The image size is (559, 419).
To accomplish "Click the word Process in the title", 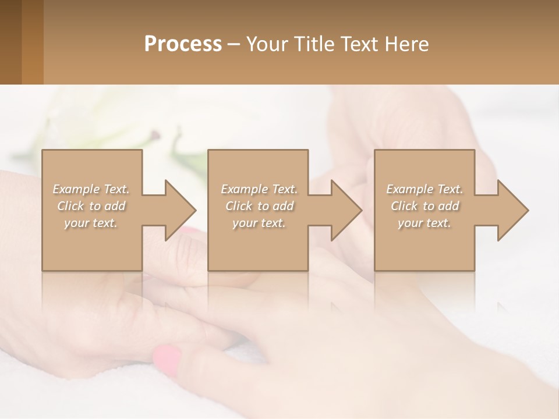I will pyautogui.click(x=183, y=44).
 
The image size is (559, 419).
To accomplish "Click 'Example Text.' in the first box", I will pyautogui.click(x=91, y=189).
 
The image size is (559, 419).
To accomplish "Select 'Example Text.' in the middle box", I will pyautogui.click(x=259, y=189).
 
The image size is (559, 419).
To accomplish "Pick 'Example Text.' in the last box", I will pyautogui.click(x=424, y=189).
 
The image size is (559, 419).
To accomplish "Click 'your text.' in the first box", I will pyautogui.click(x=91, y=223).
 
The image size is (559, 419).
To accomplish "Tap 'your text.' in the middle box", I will pyautogui.click(x=259, y=223).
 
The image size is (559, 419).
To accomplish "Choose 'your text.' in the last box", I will pyautogui.click(x=424, y=223).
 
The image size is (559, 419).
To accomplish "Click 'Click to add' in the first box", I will pyautogui.click(x=91, y=206).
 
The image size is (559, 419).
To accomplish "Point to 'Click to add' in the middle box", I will pyautogui.click(x=259, y=206).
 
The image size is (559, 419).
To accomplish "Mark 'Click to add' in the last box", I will pyautogui.click(x=424, y=206).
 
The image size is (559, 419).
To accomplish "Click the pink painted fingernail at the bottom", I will pyautogui.click(x=167, y=360).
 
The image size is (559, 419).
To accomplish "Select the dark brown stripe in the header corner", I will pyautogui.click(x=10, y=42).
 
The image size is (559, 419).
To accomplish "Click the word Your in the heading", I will pyautogui.click(x=266, y=44).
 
